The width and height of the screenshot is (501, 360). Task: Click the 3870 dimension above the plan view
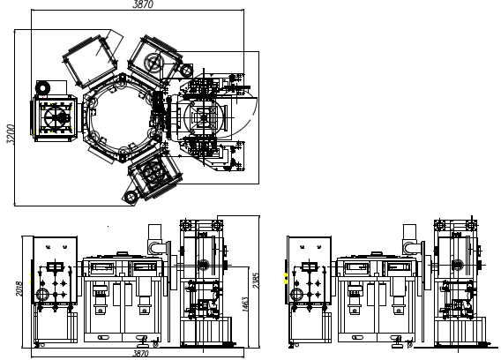142,5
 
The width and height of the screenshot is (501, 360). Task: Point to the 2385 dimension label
256,281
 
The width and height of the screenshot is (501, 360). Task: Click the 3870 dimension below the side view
140,354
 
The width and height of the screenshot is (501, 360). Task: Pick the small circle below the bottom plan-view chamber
132,193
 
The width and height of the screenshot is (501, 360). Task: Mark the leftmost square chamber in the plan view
57,119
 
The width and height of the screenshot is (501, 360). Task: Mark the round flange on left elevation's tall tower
203,262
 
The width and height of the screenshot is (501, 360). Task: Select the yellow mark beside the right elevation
285,279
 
